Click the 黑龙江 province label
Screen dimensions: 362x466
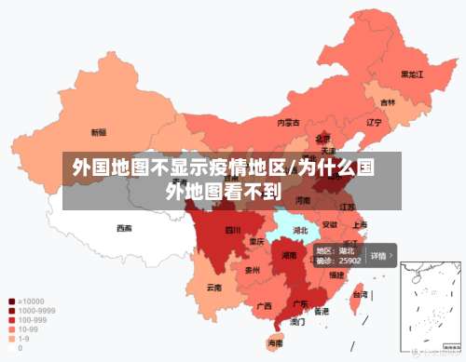(412, 74)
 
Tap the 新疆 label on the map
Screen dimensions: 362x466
(98, 132)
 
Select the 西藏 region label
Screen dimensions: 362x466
(124, 228)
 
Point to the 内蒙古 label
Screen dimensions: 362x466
(288, 122)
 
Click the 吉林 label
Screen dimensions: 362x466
(387, 102)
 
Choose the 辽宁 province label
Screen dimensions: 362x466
(374, 122)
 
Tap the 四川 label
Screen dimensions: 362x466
(232, 230)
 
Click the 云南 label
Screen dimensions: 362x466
(214, 288)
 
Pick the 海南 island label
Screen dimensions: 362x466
(275, 343)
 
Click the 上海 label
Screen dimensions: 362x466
(360, 224)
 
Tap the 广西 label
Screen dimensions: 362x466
(264, 305)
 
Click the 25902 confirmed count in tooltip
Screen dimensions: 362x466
(350, 261)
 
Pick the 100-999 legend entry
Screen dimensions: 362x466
(30, 320)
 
